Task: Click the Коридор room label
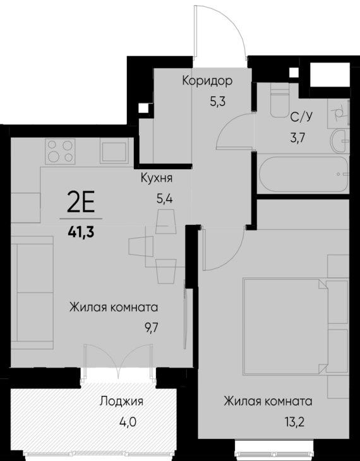pos(207,81)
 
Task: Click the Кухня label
pos(157,178)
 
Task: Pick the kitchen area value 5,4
pos(164,196)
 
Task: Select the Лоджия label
pos(121,401)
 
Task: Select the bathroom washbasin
pos(340,139)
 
